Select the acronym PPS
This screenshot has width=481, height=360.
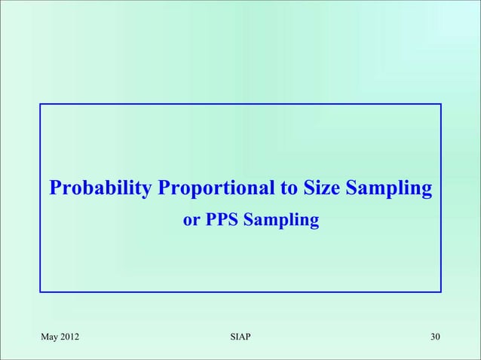[221, 221]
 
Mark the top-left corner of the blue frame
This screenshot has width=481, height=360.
[41, 105]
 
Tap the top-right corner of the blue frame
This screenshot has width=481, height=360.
[440, 105]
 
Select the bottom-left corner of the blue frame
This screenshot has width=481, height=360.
[41, 291]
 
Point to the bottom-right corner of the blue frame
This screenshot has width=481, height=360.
[440, 291]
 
